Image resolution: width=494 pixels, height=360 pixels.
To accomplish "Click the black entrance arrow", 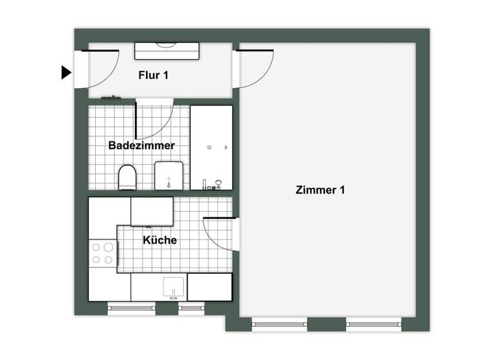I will tap(66, 73).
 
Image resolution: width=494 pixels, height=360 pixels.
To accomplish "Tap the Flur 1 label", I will tap(154, 75).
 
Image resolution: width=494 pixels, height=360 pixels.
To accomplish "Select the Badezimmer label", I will tap(142, 146).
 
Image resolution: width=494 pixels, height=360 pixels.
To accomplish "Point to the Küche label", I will tap(160, 240).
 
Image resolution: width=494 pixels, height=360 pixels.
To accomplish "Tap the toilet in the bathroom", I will tap(127, 177).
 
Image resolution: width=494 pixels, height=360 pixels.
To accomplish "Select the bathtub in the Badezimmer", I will tap(211, 147).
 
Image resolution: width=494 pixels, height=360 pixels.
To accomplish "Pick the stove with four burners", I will tap(102, 253).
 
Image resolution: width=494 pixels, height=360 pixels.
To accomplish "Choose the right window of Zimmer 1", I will tap(373, 324).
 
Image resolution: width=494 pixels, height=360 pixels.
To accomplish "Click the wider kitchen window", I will tap(131, 309).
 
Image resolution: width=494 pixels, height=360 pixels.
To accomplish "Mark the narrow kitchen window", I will tap(191, 309).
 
